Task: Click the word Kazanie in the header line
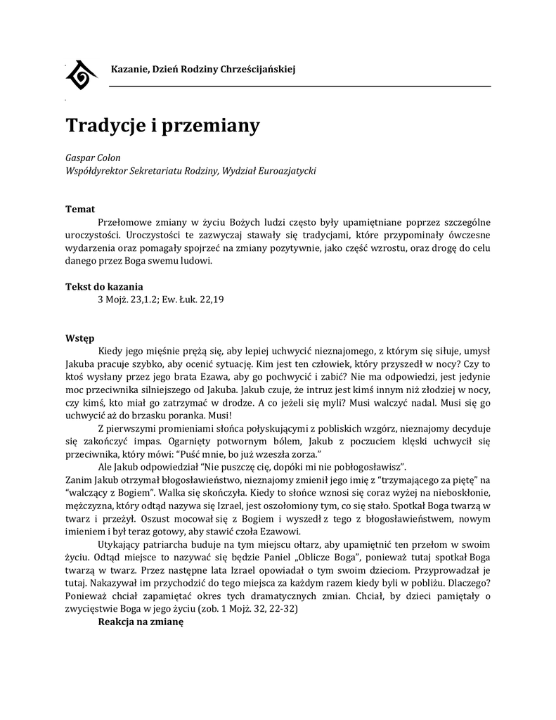pyautogui.click(x=129, y=69)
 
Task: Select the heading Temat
pyautogui.click(x=80, y=209)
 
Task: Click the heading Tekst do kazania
pyautogui.click(x=104, y=286)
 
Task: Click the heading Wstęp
pyautogui.click(x=80, y=337)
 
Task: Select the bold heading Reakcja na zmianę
pyautogui.click(x=141, y=622)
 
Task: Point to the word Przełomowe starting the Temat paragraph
pyautogui.click(x=128, y=222)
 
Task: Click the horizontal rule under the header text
pyautogui.click(x=299, y=86)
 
